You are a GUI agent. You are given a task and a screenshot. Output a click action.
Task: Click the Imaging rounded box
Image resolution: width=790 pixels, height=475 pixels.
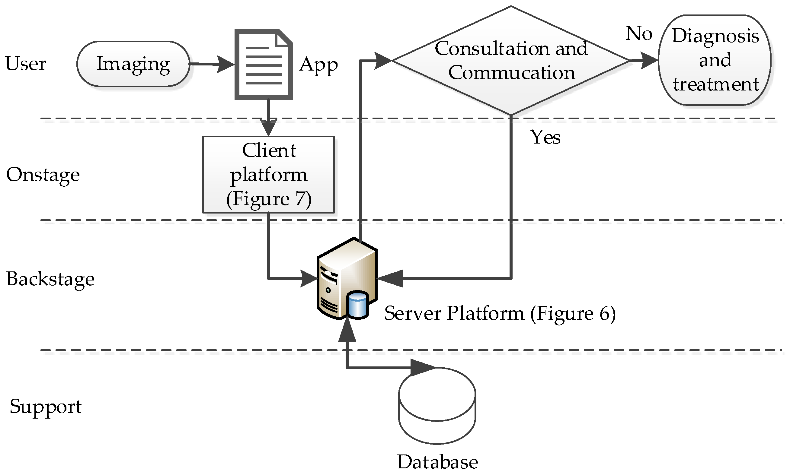[x=133, y=64]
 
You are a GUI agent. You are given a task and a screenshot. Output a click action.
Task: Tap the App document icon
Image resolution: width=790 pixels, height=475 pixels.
[x=263, y=65]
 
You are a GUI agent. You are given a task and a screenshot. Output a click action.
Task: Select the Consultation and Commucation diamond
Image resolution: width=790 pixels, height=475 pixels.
[x=511, y=61]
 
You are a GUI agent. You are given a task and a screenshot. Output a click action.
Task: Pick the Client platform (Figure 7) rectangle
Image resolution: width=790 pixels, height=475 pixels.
[x=268, y=175]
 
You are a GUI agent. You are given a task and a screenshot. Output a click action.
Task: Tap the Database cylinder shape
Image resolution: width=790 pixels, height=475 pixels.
[x=437, y=406]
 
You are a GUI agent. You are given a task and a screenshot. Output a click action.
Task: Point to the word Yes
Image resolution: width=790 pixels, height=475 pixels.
[x=545, y=138]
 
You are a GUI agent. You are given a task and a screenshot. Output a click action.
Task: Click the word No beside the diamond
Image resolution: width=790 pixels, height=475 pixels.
[x=639, y=33]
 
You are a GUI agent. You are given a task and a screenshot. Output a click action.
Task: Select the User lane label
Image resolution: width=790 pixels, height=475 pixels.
[x=26, y=63]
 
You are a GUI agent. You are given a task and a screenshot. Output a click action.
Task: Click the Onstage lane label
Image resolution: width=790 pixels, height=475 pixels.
[x=43, y=175]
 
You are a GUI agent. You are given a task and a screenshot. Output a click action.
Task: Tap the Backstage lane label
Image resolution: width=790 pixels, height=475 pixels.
[x=50, y=279]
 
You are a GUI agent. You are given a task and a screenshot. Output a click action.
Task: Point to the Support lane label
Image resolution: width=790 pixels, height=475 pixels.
[x=46, y=407]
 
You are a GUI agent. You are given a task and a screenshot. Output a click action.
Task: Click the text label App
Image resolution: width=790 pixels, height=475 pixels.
[x=318, y=65]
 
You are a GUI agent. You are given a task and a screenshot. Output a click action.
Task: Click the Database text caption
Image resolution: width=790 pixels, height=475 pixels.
[x=438, y=462]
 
